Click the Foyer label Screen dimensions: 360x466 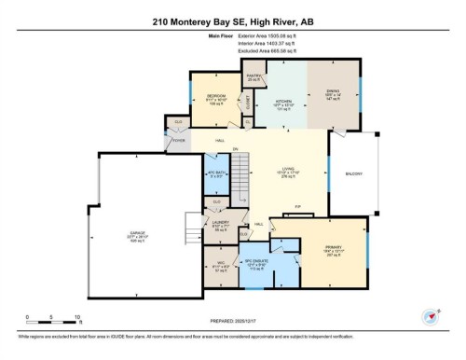(x=177, y=139)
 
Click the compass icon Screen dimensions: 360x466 (x=430, y=317)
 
